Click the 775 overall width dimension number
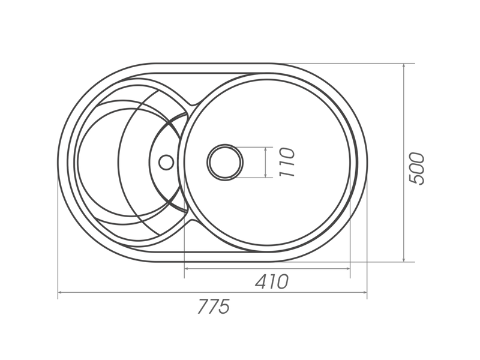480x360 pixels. point(214,307)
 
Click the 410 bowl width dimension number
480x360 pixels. point(272,281)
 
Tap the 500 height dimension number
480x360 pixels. point(417,169)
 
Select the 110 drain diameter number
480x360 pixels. point(287,162)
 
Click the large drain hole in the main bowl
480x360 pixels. point(225,162)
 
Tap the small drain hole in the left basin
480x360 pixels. point(167,162)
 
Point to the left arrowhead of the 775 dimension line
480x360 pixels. point(60,292)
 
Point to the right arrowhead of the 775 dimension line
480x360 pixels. point(365,292)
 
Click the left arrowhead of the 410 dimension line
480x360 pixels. point(187,268)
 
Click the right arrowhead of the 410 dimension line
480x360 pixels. point(347,268)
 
